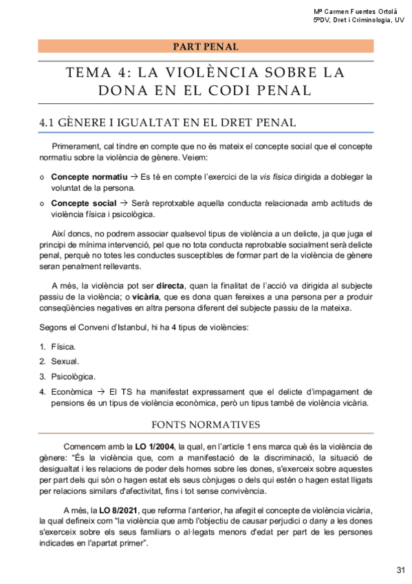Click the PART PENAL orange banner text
tap(206, 47)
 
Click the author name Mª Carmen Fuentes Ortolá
tap(358, 12)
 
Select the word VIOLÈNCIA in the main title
tap(204, 72)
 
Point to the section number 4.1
tap(47, 123)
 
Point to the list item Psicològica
tap(73, 377)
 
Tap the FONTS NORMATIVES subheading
tap(206, 424)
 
